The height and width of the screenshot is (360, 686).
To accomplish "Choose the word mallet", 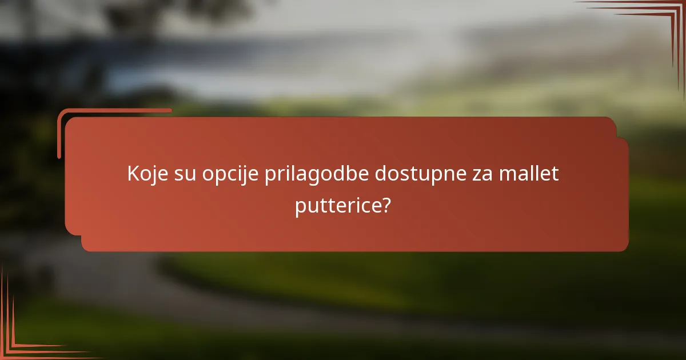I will [x=529, y=174].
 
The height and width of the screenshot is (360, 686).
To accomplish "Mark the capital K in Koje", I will [x=133, y=174].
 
